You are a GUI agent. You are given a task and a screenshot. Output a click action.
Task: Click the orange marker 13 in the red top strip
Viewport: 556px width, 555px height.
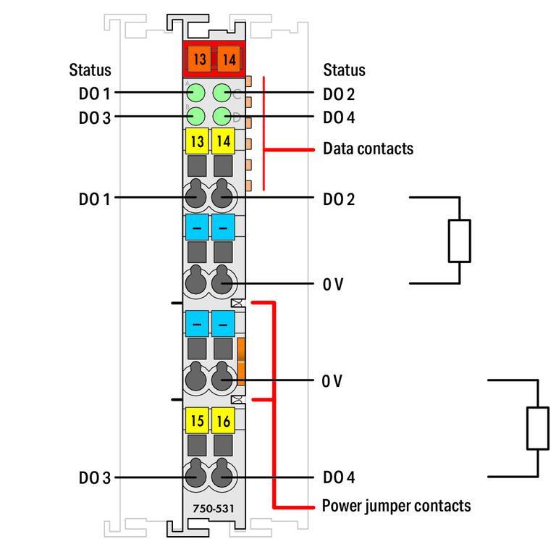click(x=198, y=59)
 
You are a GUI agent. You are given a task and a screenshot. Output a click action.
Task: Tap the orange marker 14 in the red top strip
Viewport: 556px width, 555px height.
click(x=229, y=59)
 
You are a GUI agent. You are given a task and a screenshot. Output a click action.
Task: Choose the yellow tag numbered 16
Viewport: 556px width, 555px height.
click(x=224, y=420)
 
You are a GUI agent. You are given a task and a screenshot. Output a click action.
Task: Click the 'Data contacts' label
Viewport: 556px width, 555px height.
click(x=368, y=149)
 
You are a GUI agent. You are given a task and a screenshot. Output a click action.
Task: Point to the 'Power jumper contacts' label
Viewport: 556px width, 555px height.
click(x=396, y=506)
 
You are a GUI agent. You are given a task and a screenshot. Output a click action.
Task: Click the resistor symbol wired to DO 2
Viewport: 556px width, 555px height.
click(x=460, y=241)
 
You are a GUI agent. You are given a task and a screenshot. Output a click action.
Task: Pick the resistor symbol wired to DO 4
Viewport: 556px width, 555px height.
click(x=537, y=428)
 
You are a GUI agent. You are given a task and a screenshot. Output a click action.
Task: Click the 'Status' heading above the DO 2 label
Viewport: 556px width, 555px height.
click(x=344, y=70)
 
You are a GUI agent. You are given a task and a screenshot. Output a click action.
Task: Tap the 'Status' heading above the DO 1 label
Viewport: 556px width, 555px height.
click(x=90, y=70)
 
